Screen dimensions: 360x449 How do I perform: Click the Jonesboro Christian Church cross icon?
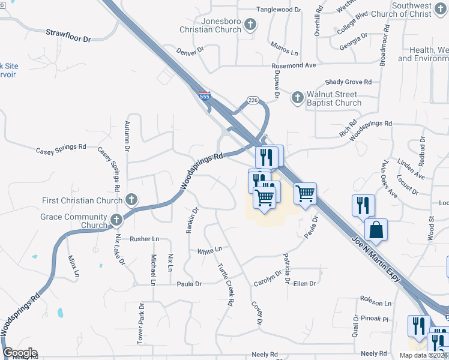click(x=251, y=25)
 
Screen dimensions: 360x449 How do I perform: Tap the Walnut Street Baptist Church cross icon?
click(x=297, y=97)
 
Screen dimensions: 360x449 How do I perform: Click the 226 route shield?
click(x=251, y=100)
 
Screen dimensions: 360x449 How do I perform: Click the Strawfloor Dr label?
click(x=68, y=35)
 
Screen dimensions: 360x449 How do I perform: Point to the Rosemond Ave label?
click(x=294, y=65)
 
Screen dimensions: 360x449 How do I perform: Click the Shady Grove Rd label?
click(x=348, y=82)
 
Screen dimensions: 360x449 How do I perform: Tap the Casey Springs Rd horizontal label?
click(x=61, y=148)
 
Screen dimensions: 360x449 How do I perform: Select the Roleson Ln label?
click(x=376, y=304)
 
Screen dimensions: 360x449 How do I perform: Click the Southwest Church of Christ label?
click(x=419, y=10)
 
